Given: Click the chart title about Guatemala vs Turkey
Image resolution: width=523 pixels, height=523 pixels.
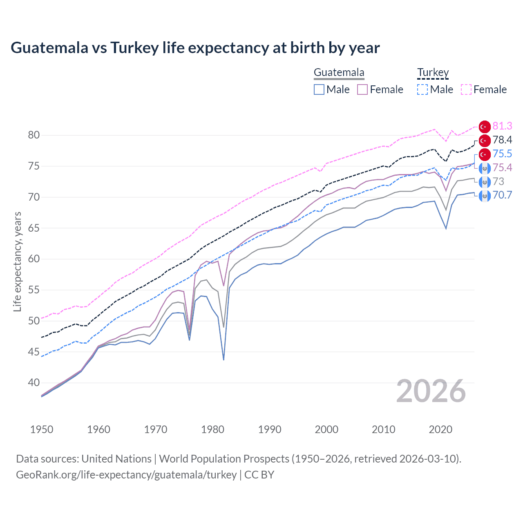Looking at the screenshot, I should point(195,48).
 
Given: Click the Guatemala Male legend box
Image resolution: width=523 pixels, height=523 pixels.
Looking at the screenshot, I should point(319,89).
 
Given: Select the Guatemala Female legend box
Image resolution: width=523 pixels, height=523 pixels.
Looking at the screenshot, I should point(362,89).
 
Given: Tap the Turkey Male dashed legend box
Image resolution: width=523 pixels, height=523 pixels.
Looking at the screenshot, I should point(422,89).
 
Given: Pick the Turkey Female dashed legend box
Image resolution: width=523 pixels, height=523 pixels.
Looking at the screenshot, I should point(466,89).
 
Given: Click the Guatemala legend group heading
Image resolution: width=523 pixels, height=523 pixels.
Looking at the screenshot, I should point(339,73).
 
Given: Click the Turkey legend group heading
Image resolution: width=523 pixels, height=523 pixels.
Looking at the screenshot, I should point(433,73).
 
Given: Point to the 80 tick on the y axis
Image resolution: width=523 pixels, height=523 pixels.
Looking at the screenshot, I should point(34,135).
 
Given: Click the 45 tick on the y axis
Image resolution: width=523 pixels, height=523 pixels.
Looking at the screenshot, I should point(34,352).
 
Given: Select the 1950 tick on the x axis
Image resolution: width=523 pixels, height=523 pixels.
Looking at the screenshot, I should point(42,429).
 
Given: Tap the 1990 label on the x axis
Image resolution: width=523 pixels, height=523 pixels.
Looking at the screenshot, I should point(269,429).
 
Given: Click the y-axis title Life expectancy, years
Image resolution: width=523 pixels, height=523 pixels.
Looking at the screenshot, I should point(17,261).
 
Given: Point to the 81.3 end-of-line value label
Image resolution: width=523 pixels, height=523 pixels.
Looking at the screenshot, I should point(502,126).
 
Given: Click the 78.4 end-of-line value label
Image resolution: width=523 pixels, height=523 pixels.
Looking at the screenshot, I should point(502,140).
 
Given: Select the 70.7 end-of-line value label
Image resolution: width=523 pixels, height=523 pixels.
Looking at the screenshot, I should point(502,195).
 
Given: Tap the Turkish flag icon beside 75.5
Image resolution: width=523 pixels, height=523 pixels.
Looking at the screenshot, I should point(485,154).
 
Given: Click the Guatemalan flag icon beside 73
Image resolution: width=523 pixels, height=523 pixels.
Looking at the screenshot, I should point(485,182).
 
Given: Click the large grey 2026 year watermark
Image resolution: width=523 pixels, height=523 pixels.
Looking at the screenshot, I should point(431,391).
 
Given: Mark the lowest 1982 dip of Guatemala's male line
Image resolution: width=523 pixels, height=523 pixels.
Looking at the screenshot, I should point(224,360).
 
